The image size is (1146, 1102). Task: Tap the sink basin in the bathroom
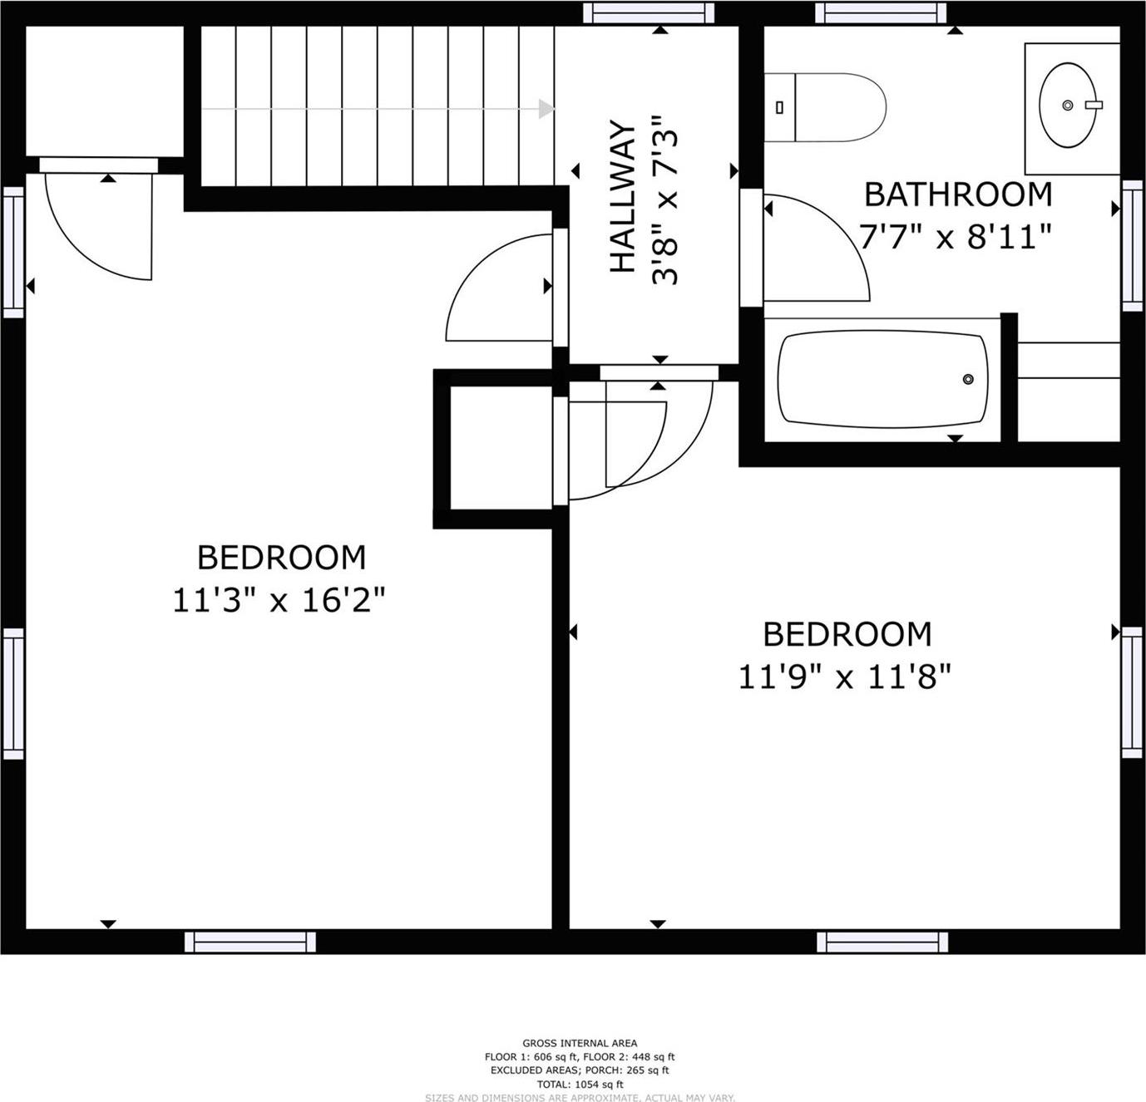click(1069, 106)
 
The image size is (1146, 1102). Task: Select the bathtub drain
click(968, 379)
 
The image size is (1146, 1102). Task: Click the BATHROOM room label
click(958, 194)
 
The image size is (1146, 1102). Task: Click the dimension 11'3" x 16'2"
click(279, 599)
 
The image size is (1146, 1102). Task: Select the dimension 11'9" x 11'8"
click(844, 677)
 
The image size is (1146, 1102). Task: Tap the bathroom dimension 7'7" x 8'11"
click(956, 238)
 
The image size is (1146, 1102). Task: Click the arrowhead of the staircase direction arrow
click(546, 109)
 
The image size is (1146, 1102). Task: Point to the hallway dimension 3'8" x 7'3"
click(666, 200)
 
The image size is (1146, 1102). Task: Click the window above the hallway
click(649, 12)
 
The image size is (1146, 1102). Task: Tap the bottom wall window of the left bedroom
click(249, 941)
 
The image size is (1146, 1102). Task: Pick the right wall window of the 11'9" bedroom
click(1132, 692)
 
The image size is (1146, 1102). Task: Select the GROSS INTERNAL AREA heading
click(580, 1043)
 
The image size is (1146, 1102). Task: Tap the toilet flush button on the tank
click(780, 107)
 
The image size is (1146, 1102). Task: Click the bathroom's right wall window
click(1132, 245)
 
